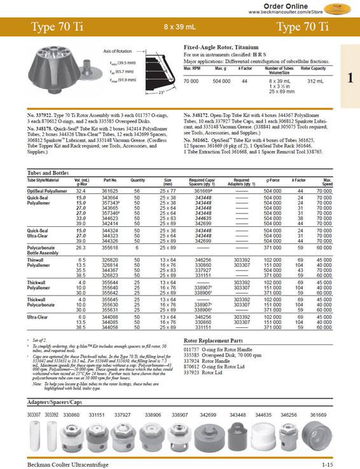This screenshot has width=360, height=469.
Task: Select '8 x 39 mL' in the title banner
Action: [179, 28]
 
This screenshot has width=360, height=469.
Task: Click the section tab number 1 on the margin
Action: [350, 78]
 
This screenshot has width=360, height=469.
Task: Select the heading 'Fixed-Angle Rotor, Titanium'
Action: [222, 48]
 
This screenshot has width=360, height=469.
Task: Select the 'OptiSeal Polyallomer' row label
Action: [46, 190]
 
